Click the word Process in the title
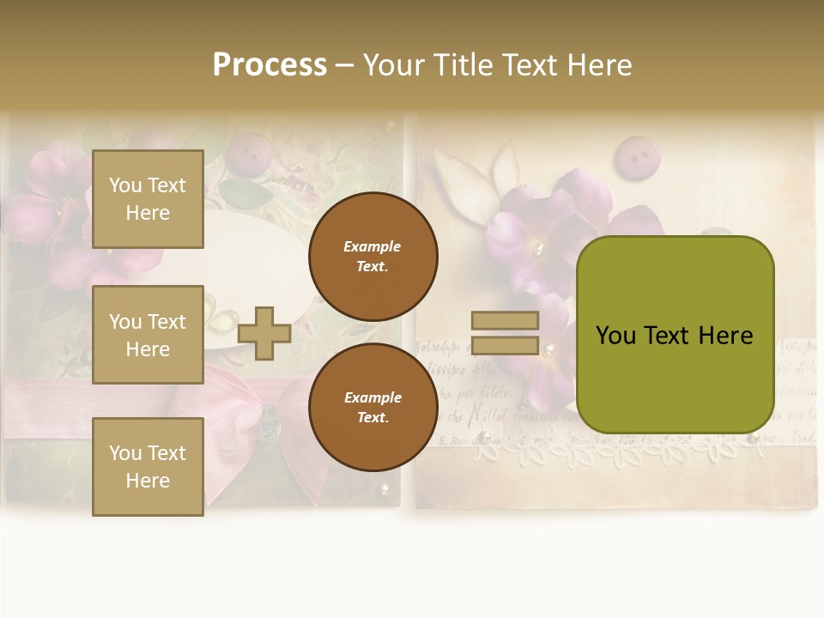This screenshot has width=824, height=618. coord(270,65)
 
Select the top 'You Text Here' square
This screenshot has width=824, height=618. coord(148,199)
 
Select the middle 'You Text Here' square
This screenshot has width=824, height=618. coord(148,335)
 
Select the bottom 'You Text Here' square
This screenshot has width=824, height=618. coord(148,467)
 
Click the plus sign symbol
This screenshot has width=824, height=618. coord(264,333)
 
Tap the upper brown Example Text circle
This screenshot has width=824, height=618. coord(373,256)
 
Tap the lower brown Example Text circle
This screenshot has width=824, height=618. coord(373,407)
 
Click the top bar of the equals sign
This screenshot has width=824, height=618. coord(505,320)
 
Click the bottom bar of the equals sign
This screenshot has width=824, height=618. coord(505,346)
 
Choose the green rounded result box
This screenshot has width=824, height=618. coord(675,335)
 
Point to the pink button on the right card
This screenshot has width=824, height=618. coord(635,157)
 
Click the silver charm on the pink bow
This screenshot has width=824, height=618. coord(270,421)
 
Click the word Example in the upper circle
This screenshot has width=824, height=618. coord(373,246)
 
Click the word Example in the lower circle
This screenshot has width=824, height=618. coord(373,397)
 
